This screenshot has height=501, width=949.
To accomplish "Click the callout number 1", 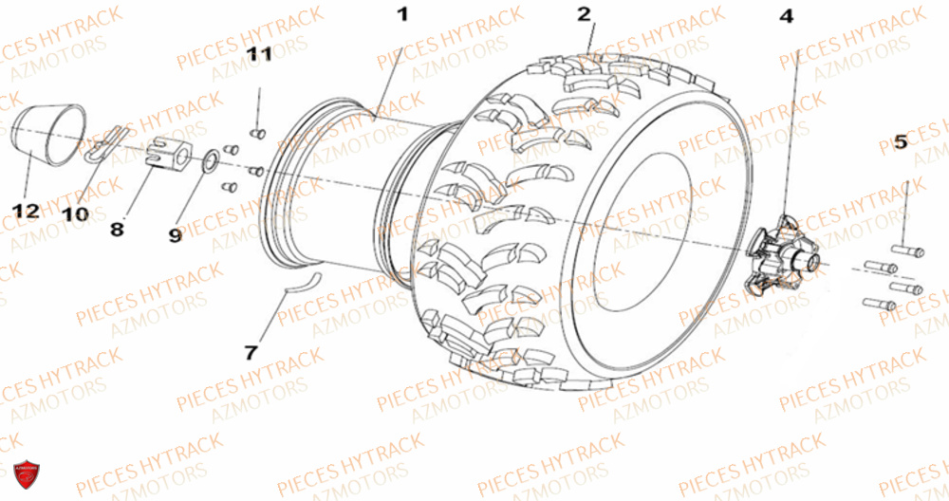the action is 402,14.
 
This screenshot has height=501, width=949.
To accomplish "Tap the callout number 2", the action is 584,14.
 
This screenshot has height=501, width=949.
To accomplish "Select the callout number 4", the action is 786,16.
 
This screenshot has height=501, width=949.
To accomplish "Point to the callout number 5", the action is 901,142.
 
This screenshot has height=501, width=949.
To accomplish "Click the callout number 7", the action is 251,352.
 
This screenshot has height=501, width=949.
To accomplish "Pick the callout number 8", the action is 117,229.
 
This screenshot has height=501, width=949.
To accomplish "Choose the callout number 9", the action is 175,235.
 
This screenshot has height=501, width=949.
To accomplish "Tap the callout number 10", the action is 74,213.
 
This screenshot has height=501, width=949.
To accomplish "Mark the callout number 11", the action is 259,54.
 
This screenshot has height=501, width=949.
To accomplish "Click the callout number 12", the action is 26,211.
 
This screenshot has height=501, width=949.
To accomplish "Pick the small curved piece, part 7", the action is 302,282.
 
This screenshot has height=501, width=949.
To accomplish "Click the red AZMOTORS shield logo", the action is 27,474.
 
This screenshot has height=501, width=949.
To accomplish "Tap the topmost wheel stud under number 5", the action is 906,249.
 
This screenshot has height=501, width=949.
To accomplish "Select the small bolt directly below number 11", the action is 258,133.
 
